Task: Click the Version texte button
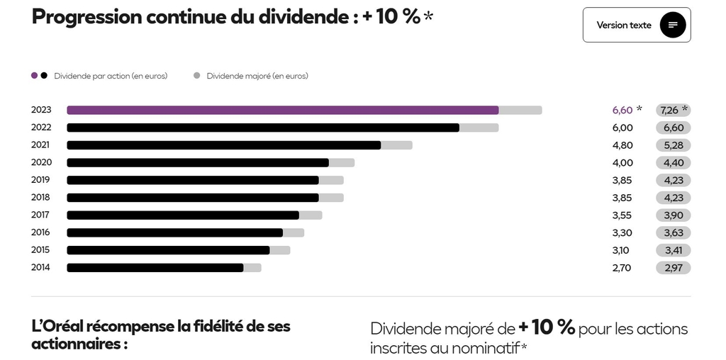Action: pyautogui.click(x=636, y=25)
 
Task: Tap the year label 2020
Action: pyautogui.click(x=40, y=162)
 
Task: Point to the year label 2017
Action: pyautogui.click(x=40, y=215)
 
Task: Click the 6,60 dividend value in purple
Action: pyautogui.click(x=622, y=110)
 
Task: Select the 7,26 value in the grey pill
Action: pyautogui.click(x=669, y=110)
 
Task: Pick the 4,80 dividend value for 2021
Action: pyautogui.click(x=622, y=145)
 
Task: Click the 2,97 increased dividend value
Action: pyautogui.click(x=673, y=268)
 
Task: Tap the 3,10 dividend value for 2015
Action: pyautogui.click(x=620, y=250)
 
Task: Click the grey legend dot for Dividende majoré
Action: pyautogui.click(x=197, y=76)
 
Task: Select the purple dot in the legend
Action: pyautogui.click(x=35, y=76)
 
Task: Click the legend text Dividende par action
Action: pyautogui.click(x=111, y=76)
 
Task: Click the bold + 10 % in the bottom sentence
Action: pyautogui.click(x=546, y=328)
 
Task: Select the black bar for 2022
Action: pyautogui.click(x=262, y=128)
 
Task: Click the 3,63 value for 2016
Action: pyautogui.click(x=673, y=232)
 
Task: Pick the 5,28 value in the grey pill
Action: pyautogui.click(x=673, y=145)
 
